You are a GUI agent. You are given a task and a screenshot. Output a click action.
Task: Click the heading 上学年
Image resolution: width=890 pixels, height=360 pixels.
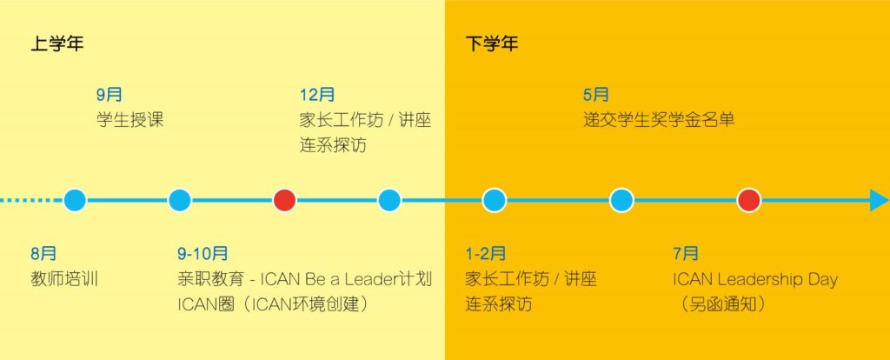coord(56,43)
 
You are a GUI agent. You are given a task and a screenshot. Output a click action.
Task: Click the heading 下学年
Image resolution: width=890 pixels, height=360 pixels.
coord(492,43)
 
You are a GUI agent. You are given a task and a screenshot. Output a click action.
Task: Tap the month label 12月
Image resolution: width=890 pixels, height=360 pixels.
coord(316,95)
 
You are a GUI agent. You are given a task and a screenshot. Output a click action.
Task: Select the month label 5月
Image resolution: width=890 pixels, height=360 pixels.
coord(596,95)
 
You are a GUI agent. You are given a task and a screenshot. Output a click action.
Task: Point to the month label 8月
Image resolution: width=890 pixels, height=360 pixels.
coord(43,254)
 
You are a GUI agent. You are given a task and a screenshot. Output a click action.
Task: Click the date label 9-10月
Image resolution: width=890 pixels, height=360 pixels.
coord(203,254)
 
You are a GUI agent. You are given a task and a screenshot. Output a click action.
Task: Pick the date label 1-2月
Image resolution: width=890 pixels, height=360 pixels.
coord(485,254)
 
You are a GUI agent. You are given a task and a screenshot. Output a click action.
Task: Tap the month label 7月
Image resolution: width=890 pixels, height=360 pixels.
coord(686,254)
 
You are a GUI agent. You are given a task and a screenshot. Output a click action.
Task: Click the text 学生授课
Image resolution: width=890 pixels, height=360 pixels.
coord(130,120)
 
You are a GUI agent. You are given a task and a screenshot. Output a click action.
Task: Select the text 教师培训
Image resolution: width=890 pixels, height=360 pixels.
coord(64,279)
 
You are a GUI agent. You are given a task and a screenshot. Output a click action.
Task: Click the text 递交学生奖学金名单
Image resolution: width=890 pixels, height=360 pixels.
coord(659,120)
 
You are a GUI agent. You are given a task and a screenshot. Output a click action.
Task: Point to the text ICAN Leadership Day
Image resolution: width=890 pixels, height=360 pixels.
coord(755,279)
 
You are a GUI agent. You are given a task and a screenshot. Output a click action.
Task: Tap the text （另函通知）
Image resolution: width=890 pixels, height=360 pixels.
coord(721,304)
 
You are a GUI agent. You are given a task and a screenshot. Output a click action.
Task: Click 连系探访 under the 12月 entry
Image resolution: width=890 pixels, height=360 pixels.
coord(333,145)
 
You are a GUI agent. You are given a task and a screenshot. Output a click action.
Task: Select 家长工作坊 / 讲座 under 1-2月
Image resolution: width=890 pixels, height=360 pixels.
coord(531,279)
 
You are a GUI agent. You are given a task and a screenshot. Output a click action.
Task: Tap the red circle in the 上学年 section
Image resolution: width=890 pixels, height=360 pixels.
coord(284,201)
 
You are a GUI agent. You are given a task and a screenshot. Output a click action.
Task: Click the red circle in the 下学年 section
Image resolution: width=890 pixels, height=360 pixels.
coord(748,201)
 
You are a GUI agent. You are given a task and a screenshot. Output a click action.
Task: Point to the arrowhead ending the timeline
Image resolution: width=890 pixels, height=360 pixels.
coord(880,201)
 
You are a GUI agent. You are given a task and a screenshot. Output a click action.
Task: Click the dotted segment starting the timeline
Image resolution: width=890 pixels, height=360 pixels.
coord(31,201)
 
